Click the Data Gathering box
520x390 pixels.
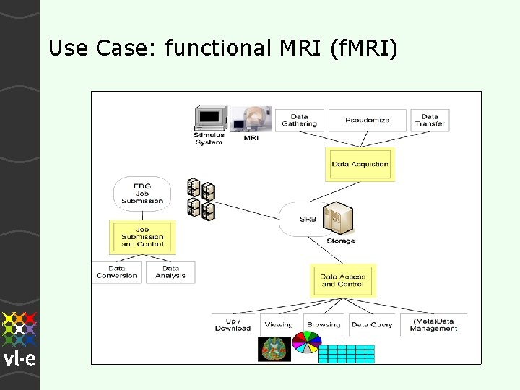pos(299,120)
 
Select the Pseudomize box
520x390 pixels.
pos(368,120)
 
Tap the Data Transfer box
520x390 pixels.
pos(430,120)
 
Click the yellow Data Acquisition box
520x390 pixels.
pos(360,164)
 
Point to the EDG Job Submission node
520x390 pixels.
pos(142,193)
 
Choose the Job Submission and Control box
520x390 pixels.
pos(142,237)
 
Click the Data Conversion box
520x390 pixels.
pos(116,272)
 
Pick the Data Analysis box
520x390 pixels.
pos(170,272)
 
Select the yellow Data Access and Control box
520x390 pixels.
pos(343,280)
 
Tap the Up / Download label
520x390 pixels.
pos(233,324)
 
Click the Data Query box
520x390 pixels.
pos(372,324)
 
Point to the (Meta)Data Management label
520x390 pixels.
pos(433,324)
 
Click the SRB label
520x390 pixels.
pos(308,219)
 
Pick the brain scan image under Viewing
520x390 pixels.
pos(274,349)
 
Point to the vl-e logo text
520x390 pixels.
pos(19,359)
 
